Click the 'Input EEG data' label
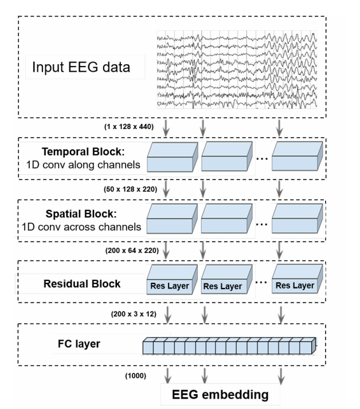(x=81, y=67)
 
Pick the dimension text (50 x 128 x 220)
(x=127, y=188)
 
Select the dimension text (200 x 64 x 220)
(x=127, y=250)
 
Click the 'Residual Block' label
(x=82, y=283)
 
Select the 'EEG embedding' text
(x=221, y=395)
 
